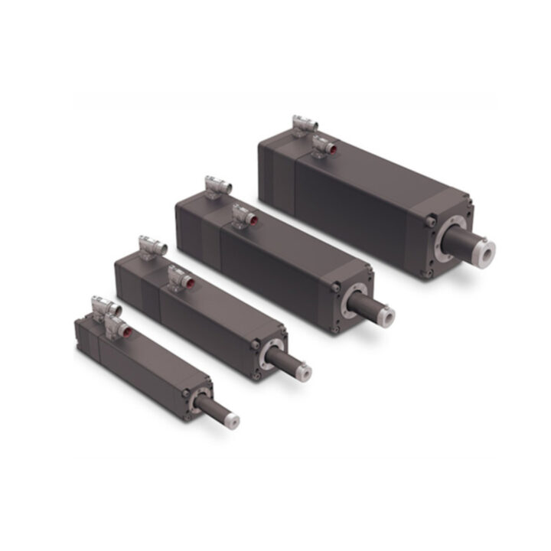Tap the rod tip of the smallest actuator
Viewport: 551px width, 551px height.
click(231, 419)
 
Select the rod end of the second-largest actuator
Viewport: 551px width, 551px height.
click(387, 314)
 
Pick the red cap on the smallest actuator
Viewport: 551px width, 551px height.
click(127, 331)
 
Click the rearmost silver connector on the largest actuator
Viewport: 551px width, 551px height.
click(301, 126)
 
